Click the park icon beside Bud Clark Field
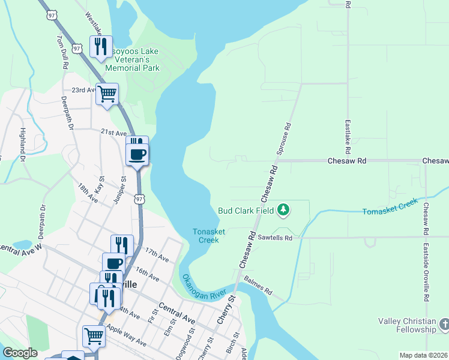pyautogui.click(x=283, y=210)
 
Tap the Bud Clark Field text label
pyautogui.click(x=246, y=211)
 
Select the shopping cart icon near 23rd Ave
pyautogui.click(x=107, y=94)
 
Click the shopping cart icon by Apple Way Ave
pyautogui.click(x=94, y=336)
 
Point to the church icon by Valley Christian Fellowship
pyautogui.click(x=444, y=325)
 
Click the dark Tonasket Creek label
pyautogui.click(x=205, y=236)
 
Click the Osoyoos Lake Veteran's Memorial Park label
pyautogui.click(x=132, y=59)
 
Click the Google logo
pyautogui.click(x=20, y=353)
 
